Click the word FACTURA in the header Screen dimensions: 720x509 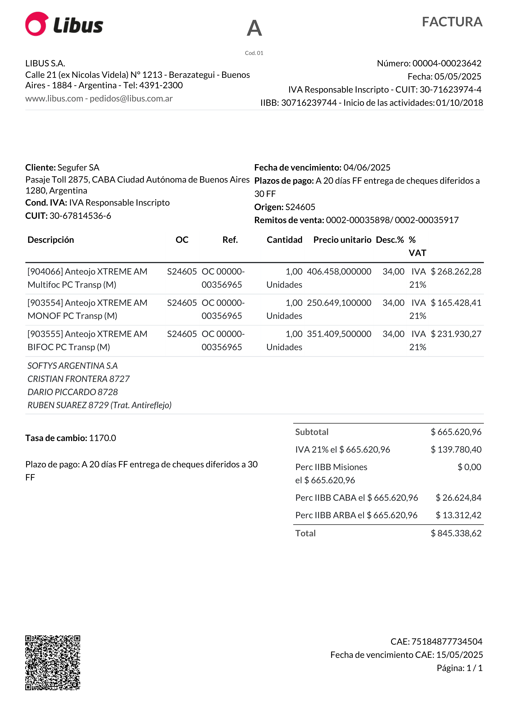click(452, 22)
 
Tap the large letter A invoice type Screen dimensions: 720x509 click(254, 28)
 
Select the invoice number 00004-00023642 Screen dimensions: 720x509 click(447, 63)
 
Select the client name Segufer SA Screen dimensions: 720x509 click(78, 167)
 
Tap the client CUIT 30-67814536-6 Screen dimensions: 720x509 click(80, 216)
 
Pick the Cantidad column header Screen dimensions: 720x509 click(284, 240)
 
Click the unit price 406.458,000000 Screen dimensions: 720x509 click(339, 272)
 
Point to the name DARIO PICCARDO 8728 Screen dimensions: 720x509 click(72, 392)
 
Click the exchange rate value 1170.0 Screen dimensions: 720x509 click(102, 438)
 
